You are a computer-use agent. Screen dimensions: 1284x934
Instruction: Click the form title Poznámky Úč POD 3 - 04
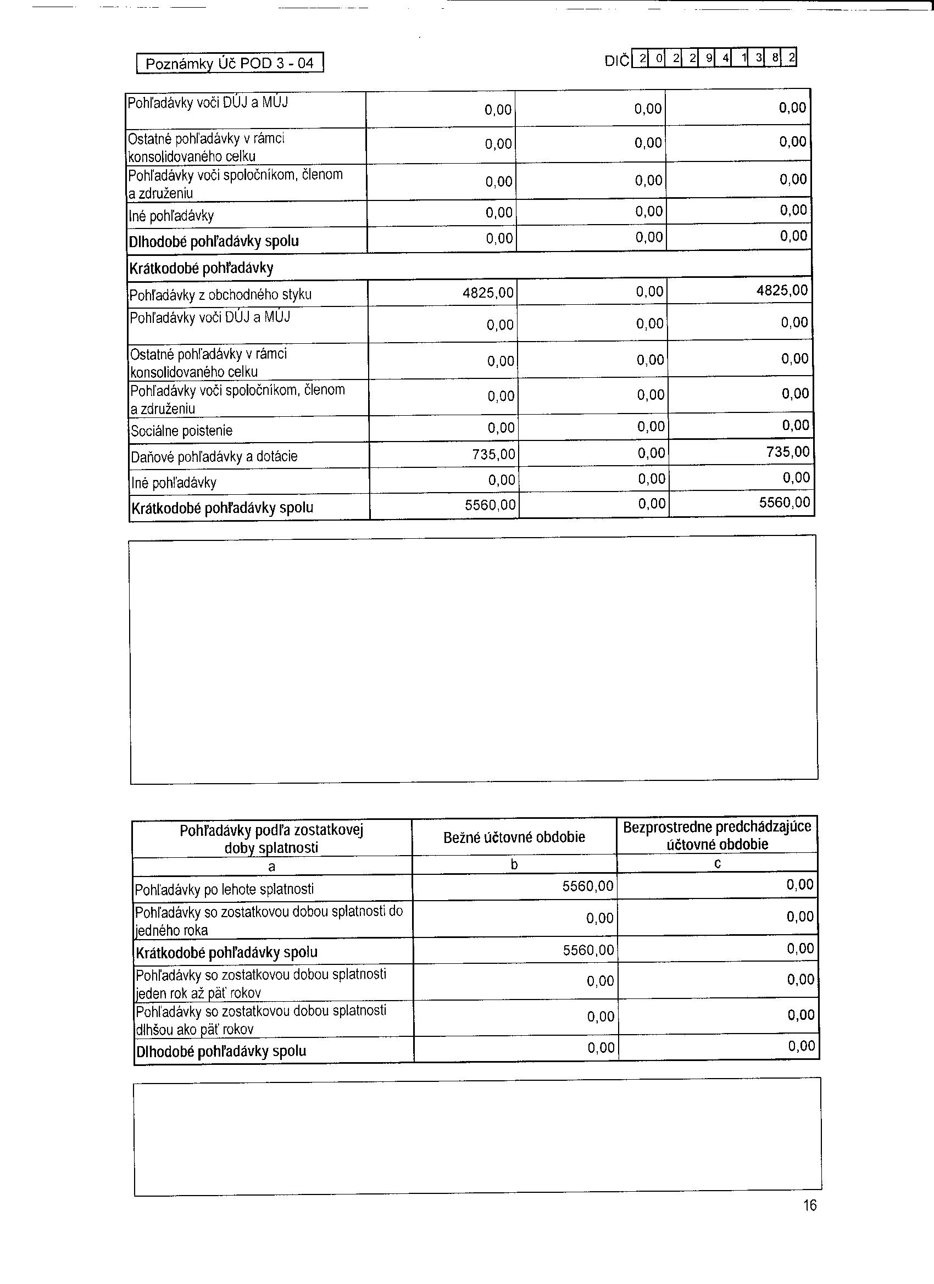click(x=230, y=63)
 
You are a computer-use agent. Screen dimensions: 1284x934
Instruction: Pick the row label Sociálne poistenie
click(x=181, y=431)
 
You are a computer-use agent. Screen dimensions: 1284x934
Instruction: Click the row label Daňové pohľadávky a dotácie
click(x=214, y=456)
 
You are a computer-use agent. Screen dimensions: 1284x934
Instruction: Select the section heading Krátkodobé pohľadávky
click(x=201, y=268)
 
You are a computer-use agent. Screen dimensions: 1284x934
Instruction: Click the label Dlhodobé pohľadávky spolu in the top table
click(x=214, y=242)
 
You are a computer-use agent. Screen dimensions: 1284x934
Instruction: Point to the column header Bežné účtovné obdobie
click(x=514, y=838)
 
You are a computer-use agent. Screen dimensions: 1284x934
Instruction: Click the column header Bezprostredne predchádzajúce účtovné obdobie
click(x=717, y=836)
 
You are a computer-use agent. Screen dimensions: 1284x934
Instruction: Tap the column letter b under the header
click(x=514, y=864)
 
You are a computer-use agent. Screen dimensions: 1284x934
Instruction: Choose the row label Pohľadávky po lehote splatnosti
click(x=224, y=889)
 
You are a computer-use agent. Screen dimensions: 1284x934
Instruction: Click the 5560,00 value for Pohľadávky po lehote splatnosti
click(x=587, y=886)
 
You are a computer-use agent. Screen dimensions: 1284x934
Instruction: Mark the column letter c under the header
click(x=717, y=863)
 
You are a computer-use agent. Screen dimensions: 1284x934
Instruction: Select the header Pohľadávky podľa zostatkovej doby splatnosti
click(x=271, y=839)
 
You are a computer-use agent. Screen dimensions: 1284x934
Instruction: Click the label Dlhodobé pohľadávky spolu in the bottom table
click(x=221, y=1051)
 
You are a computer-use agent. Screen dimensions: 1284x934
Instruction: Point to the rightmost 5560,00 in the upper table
click(x=785, y=502)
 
